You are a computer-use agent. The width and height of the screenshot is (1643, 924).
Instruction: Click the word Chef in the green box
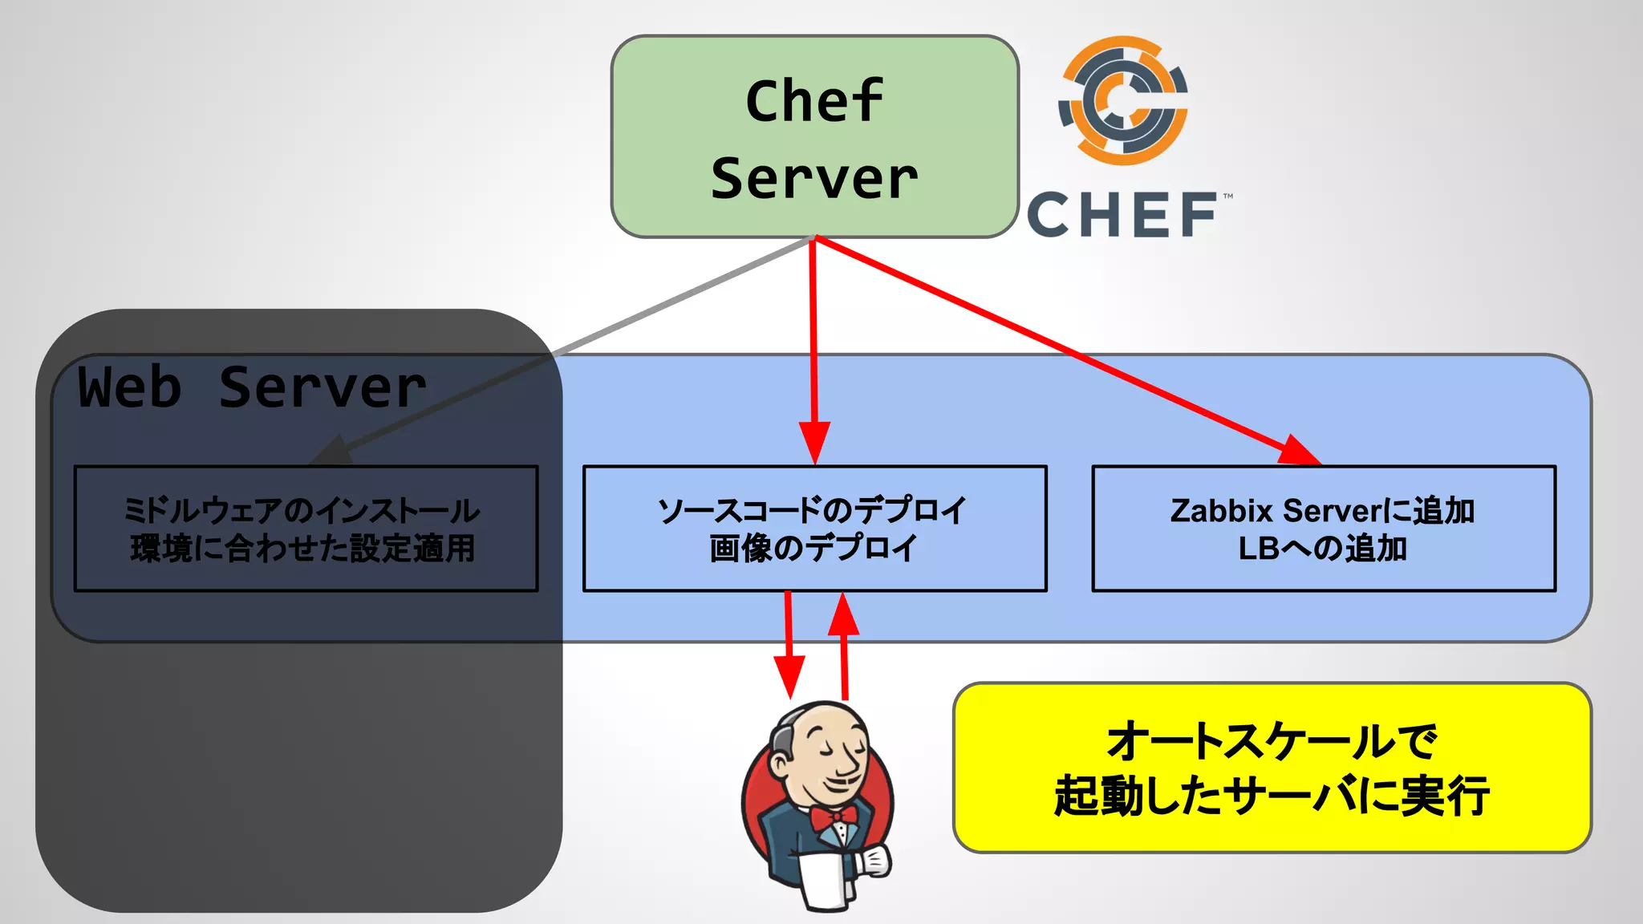[813, 101]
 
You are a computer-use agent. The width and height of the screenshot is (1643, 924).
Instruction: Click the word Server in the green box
[813, 178]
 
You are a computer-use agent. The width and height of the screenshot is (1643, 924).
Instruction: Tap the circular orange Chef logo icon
[1123, 101]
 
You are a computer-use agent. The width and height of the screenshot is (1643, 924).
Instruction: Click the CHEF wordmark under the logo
[1123, 215]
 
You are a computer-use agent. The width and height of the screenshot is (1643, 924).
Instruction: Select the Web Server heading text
[252, 388]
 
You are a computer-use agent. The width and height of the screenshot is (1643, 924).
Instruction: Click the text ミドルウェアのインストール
[302, 510]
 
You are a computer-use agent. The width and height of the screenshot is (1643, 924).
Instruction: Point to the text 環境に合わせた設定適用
[302, 549]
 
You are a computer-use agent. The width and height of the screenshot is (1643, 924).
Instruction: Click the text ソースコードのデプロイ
[813, 510]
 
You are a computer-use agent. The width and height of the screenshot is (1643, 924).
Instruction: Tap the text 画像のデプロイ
[813, 549]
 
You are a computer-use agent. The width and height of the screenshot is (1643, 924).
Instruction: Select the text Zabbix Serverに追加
[1322, 510]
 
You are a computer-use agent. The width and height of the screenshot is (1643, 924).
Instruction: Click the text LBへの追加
[1322, 549]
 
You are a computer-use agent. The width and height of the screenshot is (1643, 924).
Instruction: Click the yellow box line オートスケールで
[1272, 740]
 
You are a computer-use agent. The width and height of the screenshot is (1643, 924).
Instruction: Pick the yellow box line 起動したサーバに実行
[1272, 796]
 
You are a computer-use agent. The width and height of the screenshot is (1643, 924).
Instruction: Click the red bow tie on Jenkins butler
[833, 817]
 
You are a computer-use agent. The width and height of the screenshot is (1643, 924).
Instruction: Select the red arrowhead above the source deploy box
[814, 442]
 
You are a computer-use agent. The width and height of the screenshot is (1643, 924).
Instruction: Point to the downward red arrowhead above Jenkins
[789, 675]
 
